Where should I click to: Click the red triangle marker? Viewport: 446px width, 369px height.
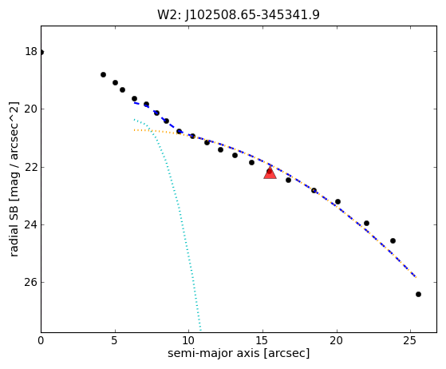(270, 173)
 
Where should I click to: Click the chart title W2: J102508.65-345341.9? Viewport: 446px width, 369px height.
(239, 15)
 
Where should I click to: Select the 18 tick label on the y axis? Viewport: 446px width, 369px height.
(31, 52)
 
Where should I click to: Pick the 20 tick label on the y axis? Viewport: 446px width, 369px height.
(31, 109)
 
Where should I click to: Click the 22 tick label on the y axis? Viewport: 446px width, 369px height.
(31, 167)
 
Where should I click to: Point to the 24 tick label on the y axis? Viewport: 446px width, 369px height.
(31, 224)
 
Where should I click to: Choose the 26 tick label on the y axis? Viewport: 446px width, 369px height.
(31, 282)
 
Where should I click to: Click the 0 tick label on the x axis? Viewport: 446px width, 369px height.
(41, 340)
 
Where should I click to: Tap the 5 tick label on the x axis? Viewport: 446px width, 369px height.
(115, 340)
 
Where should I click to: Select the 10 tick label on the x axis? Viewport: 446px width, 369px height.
(188, 340)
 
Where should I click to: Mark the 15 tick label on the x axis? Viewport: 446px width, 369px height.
(262, 340)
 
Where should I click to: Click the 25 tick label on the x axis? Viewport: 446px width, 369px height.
(410, 340)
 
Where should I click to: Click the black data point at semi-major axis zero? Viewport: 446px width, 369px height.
(41, 52)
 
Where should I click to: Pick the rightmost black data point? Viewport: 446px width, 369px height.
(418, 294)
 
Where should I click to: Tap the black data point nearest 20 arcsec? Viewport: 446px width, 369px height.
(337, 201)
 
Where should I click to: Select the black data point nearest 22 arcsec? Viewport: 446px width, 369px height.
(366, 223)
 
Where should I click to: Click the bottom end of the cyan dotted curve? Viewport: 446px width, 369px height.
(200, 331)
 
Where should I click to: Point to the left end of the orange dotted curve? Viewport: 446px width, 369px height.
(134, 130)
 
